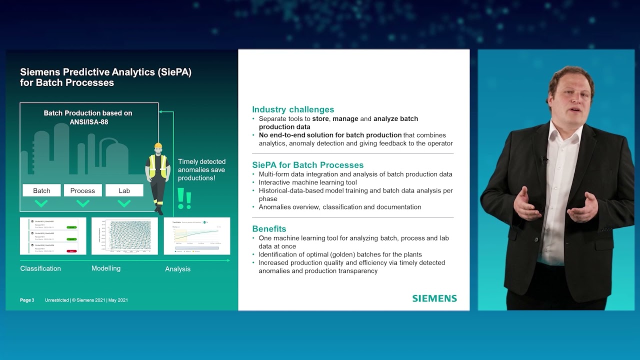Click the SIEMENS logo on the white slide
(x=434, y=298)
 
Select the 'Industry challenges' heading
(x=293, y=109)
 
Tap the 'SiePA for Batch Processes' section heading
(x=307, y=165)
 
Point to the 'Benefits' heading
(x=269, y=229)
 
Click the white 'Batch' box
(x=41, y=190)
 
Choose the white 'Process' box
(x=82, y=190)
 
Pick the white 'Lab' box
(x=124, y=190)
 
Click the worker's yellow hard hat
(x=158, y=146)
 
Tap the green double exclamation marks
(x=184, y=198)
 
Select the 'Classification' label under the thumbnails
(x=40, y=268)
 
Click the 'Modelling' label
(x=106, y=268)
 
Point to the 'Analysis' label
(x=177, y=269)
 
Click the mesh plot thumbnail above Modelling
(x=124, y=235)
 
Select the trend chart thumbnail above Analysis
(x=197, y=235)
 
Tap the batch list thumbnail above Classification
(x=53, y=235)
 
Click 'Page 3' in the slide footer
(x=27, y=300)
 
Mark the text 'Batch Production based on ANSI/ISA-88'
(x=88, y=117)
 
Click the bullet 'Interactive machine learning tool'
(x=307, y=182)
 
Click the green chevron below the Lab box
(x=124, y=203)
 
